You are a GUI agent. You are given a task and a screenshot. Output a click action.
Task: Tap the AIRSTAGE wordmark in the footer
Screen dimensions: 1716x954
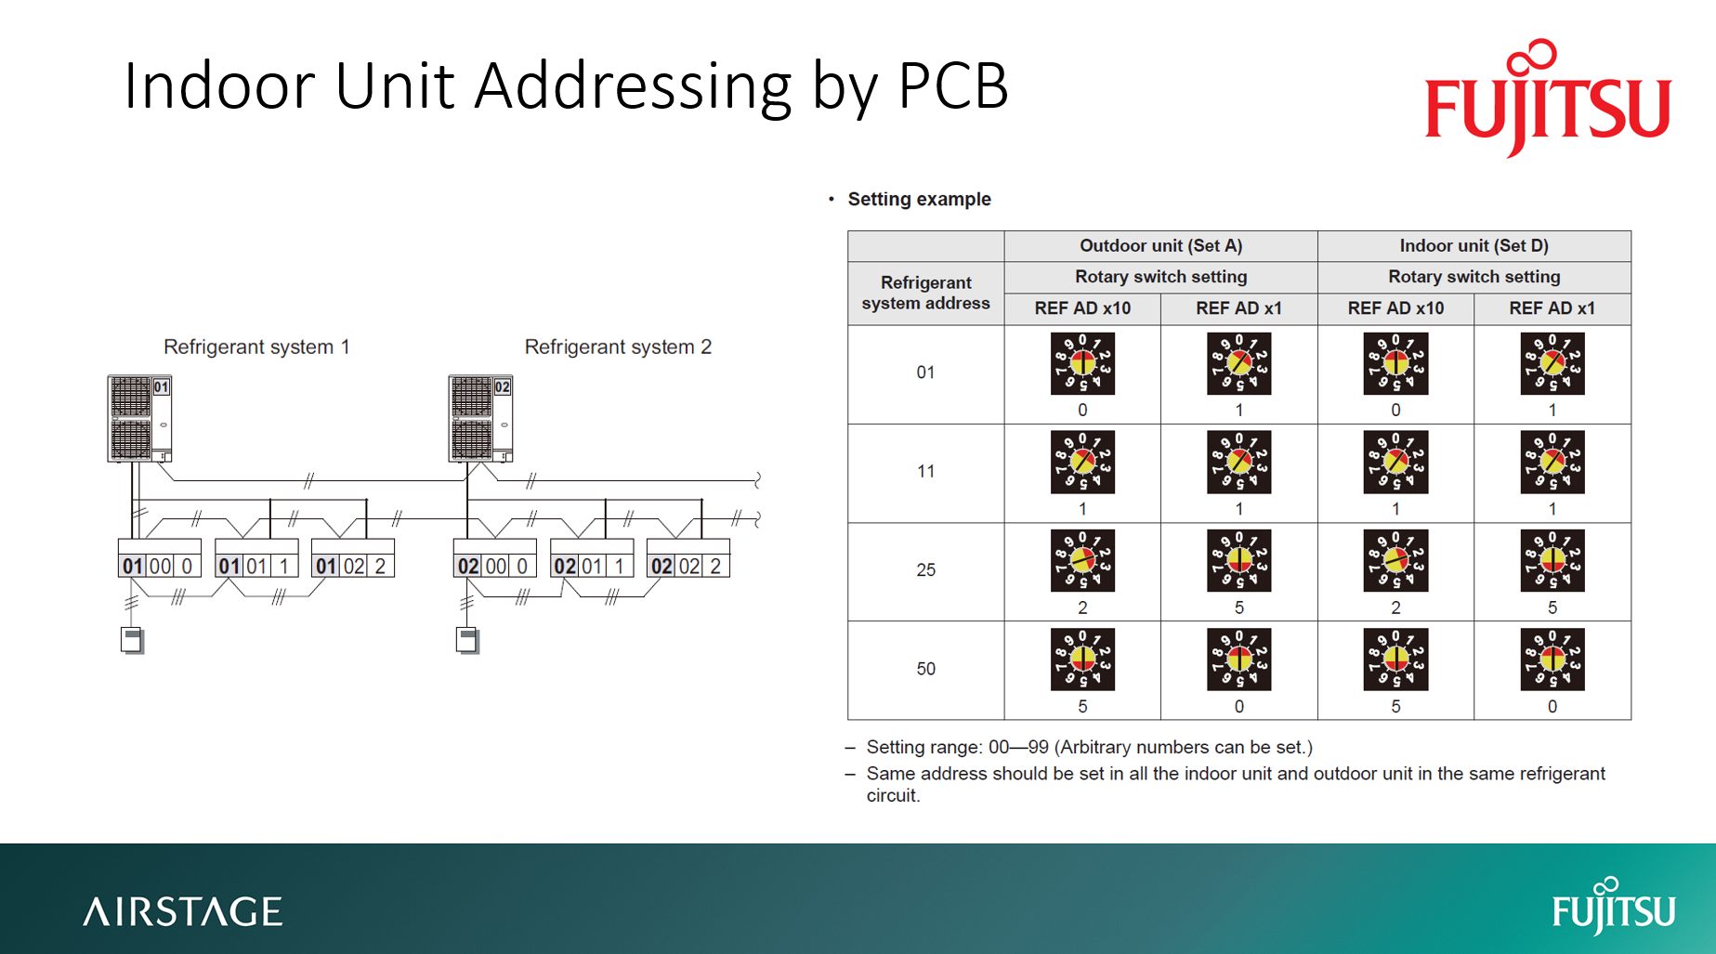tap(183, 912)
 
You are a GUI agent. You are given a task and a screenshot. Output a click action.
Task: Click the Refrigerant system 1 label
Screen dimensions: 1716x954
tap(256, 346)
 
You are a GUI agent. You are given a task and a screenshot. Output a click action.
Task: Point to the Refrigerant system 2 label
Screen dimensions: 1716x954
tap(618, 346)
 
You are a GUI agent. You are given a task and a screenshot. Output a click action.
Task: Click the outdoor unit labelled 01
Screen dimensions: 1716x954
tap(139, 418)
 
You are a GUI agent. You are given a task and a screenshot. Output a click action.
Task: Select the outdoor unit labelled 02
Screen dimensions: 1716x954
tap(480, 418)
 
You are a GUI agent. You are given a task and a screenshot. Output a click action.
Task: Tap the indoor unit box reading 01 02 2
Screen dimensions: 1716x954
tap(353, 565)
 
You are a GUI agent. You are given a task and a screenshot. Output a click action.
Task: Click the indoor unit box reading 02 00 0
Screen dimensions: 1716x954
tap(495, 565)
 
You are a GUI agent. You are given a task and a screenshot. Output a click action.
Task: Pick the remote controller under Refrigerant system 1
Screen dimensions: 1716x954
tap(132, 640)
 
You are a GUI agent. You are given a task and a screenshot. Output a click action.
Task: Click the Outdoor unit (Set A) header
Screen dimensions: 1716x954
tap(1160, 246)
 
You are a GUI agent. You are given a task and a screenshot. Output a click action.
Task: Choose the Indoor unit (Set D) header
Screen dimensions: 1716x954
tap(1474, 246)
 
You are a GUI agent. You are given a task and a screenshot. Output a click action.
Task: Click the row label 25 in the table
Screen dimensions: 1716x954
tap(925, 570)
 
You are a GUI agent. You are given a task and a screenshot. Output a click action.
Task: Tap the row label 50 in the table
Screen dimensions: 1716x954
tap(925, 669)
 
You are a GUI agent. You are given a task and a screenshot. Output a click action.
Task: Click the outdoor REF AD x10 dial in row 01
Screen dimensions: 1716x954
tap(1082, 364)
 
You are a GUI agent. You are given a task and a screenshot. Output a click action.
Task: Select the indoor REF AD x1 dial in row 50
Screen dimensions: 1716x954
tap(1552, 660)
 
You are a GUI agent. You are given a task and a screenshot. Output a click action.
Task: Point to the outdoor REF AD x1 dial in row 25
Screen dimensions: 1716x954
tap(1238, 561)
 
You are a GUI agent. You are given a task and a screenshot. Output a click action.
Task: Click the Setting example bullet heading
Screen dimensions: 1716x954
tap(919, 199)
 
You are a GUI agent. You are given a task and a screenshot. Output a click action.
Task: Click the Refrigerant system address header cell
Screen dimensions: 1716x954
tap(925, 293)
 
